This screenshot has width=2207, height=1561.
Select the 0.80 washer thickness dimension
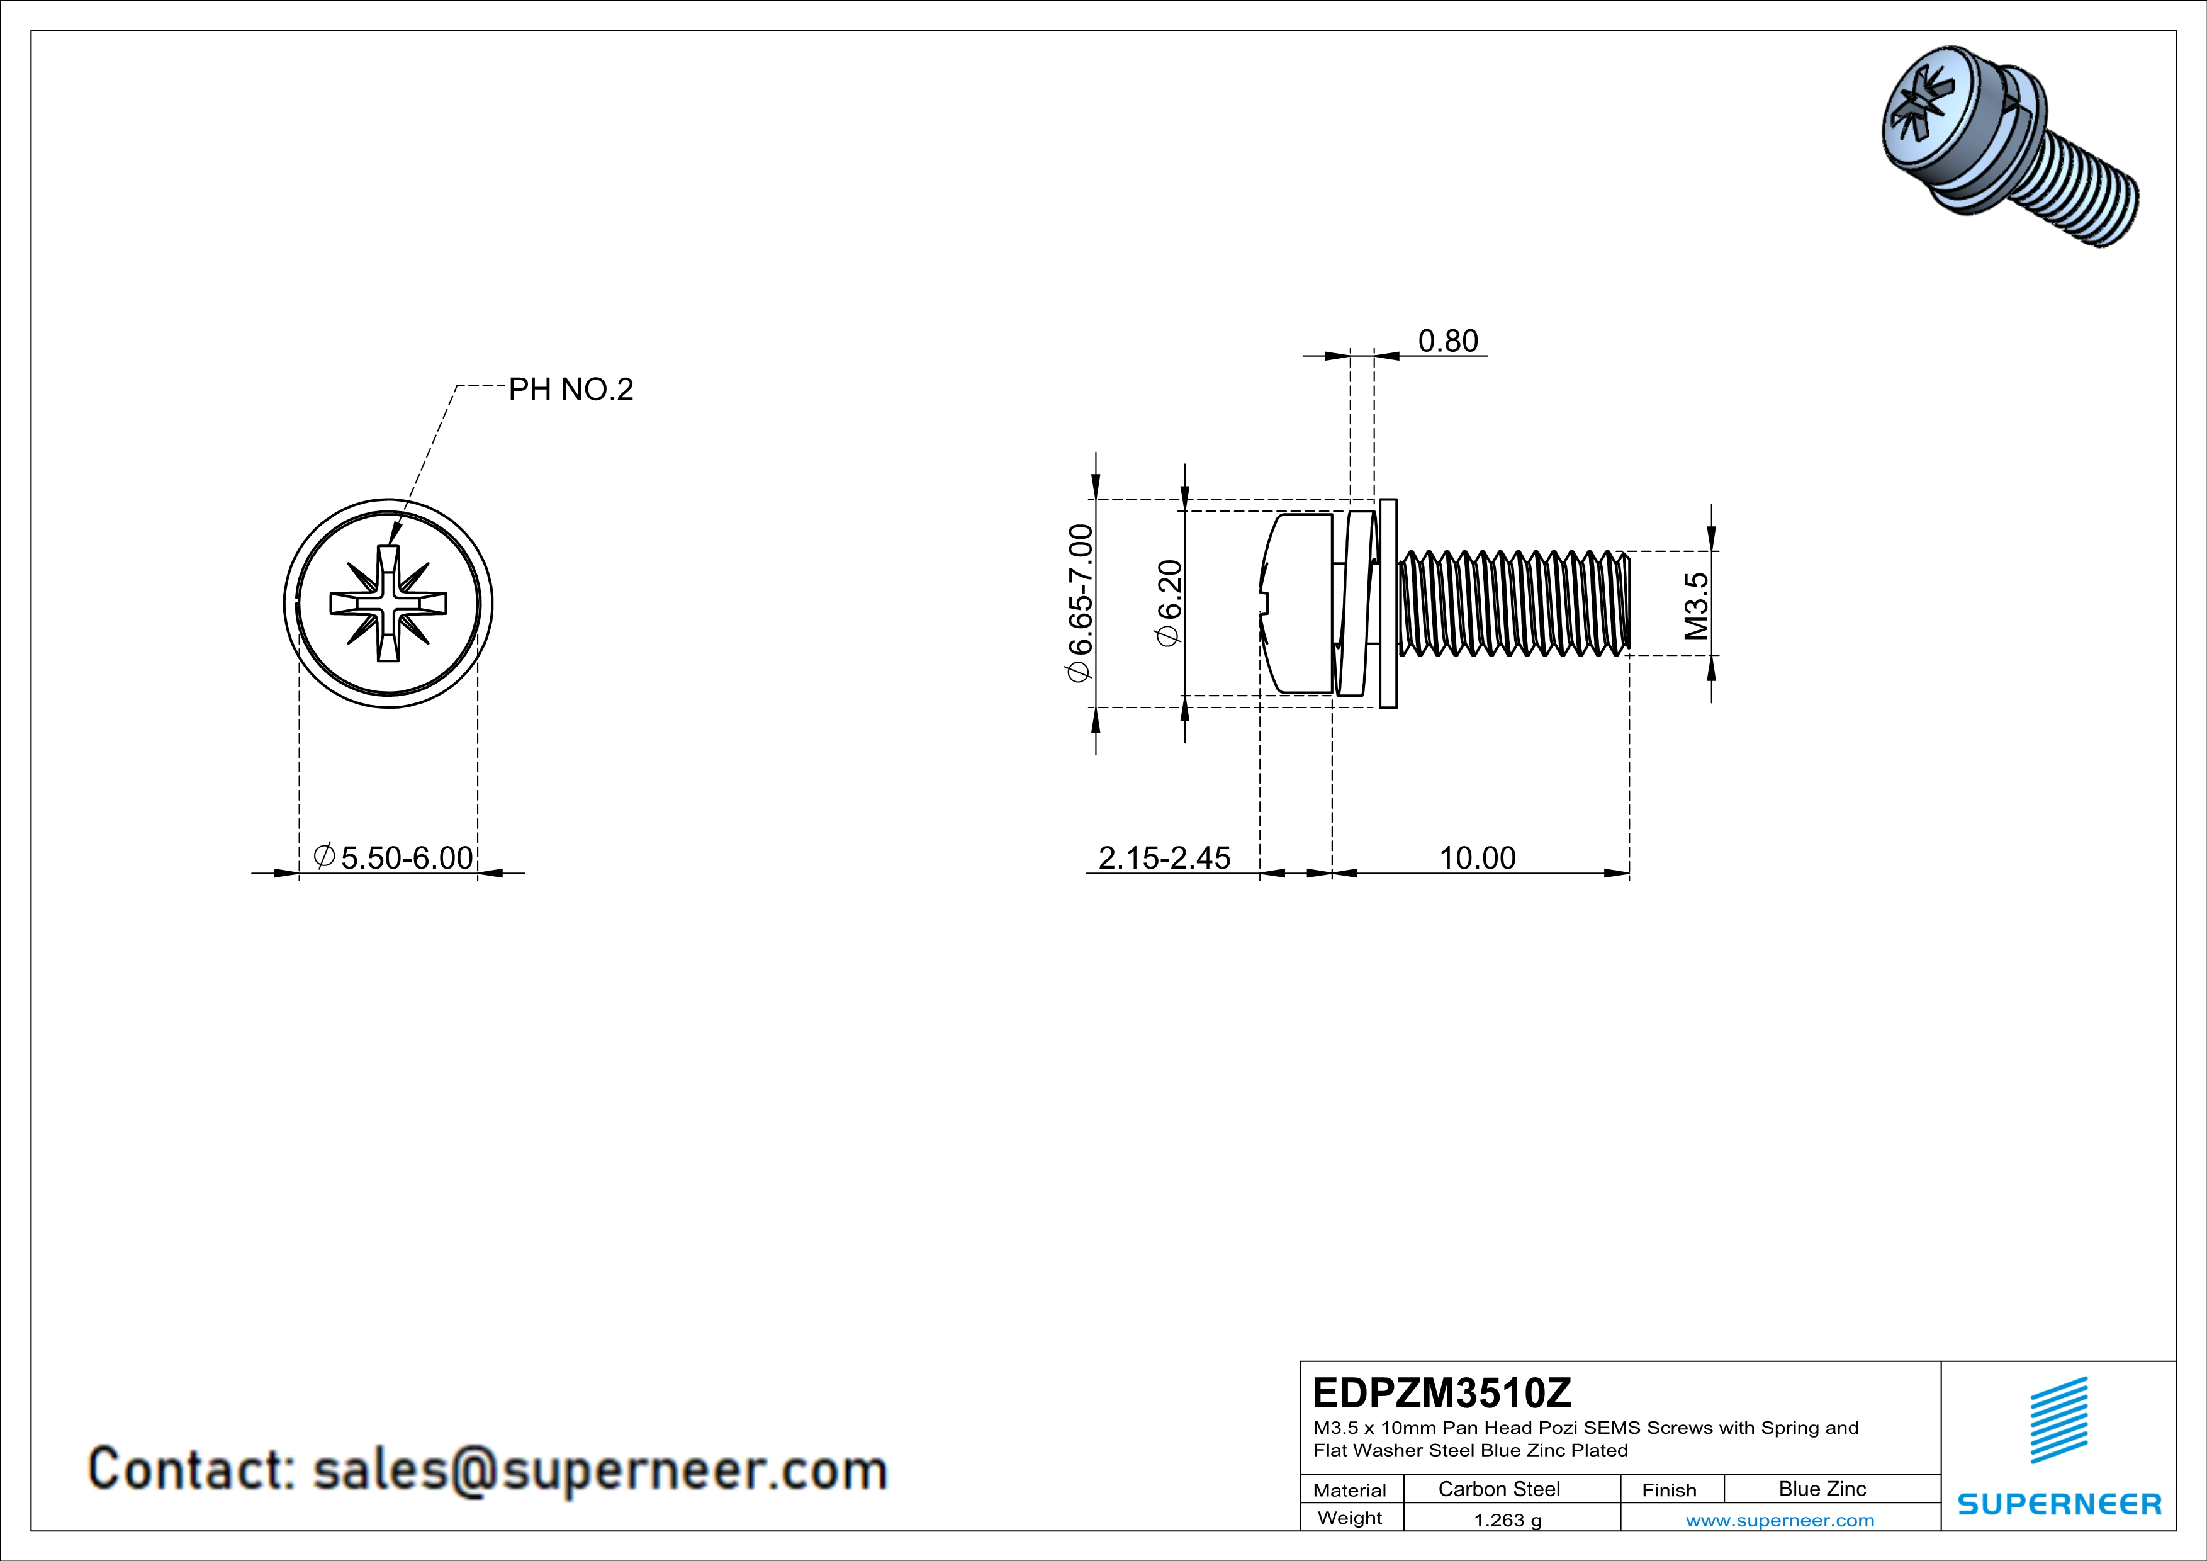click(x=1447, y=341)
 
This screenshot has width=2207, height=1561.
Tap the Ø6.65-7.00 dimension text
click(x=1081, y=602)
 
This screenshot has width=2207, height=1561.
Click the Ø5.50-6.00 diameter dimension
click(x=394, y=857)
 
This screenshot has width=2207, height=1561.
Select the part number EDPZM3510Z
click(x=1441, y=1392)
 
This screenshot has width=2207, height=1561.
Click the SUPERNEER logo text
click(x=2059, y=1504)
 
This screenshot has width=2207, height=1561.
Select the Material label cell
click(x=1350, y=1490)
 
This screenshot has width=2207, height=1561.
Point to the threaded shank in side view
click(x=1514, y=604)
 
